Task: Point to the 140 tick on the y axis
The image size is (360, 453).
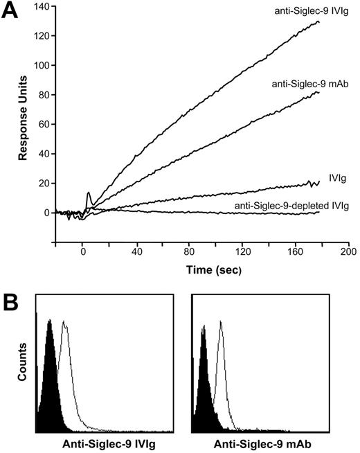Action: [40, 6]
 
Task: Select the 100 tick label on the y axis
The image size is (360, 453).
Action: [40, 65]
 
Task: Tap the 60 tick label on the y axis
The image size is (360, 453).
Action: [42, 124]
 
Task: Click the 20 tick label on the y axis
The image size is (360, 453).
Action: [42, 183]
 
